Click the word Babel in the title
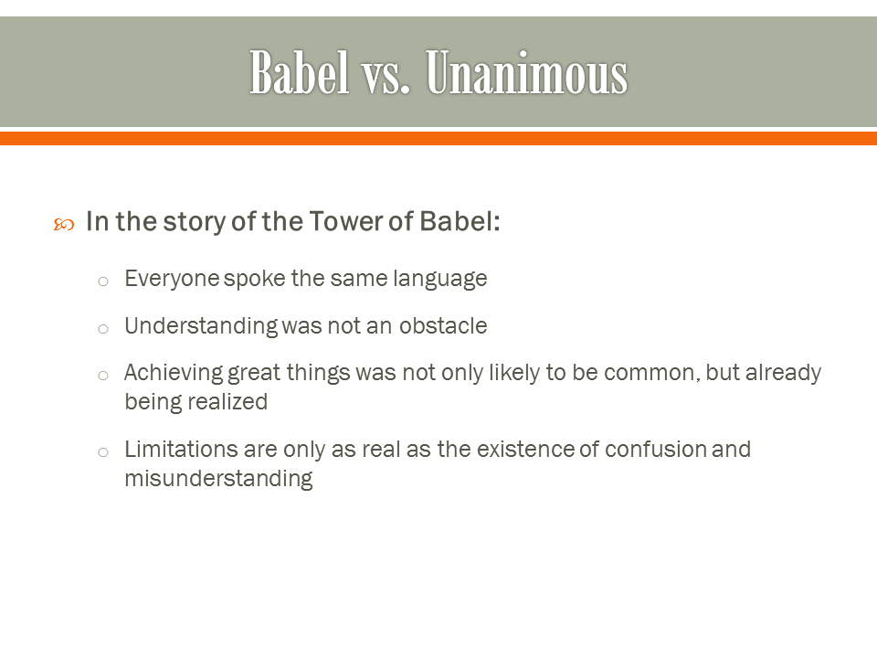point(300,73)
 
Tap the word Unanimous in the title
point(527,73)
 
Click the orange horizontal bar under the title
point(438,138)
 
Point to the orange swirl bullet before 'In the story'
point(63,224)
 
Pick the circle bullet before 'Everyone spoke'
point(103,281)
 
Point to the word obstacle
point(442,326)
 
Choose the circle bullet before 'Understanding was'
point(103,328)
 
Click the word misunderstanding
point(218,479)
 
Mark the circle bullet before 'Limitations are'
point(103,451)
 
